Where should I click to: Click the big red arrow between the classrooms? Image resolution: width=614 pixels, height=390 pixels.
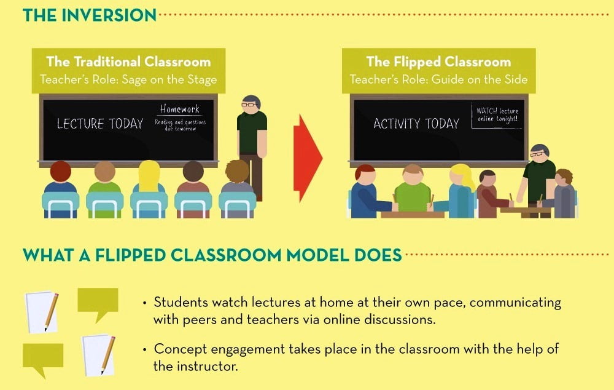tap(308, 158)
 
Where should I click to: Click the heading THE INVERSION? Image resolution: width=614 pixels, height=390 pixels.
tap(90, 15)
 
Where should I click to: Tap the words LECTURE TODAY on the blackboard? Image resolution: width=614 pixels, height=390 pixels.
tap(100, 124)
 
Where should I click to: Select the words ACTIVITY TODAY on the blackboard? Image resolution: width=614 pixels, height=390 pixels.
tap(416, 124)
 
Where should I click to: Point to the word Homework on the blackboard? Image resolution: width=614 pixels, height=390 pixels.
tap(180, 109)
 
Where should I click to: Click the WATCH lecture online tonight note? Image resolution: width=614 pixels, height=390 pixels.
tap(497, 115)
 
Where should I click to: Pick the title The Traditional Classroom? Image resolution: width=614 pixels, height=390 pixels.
tap(128, 62)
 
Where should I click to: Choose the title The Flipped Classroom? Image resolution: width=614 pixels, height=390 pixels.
tap(438, 62)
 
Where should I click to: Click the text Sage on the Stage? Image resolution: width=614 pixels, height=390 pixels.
tap(169, 79)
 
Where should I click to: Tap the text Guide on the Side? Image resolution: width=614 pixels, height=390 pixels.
tap(480, 79)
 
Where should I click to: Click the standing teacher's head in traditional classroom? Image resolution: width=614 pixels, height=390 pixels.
tap(251, 103)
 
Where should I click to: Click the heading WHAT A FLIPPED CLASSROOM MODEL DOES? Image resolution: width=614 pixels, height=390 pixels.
tap(212, 255)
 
